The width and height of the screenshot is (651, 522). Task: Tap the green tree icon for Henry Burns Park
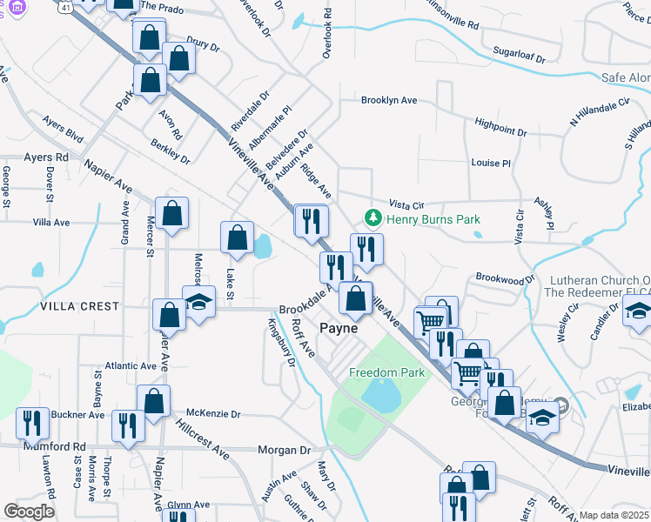pos(373,217)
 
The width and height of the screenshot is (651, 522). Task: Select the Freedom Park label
pos(386,372)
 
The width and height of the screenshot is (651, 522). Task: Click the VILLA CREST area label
pos(78,306)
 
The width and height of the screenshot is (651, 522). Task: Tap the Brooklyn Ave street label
pos(389,100)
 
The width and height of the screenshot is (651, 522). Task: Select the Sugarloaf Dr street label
pos(518,56)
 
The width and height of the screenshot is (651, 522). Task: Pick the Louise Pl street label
pos(491,163)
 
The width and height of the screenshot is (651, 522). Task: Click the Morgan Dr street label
pos(284,451)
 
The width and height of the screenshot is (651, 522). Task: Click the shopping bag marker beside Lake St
pos(238,238)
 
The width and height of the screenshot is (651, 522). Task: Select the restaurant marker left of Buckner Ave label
pos(33,423)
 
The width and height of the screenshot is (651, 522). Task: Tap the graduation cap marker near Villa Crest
pos(199,302)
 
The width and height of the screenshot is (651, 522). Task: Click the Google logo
pos(29,512)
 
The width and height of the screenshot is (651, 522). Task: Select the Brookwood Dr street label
pos(505,278)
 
